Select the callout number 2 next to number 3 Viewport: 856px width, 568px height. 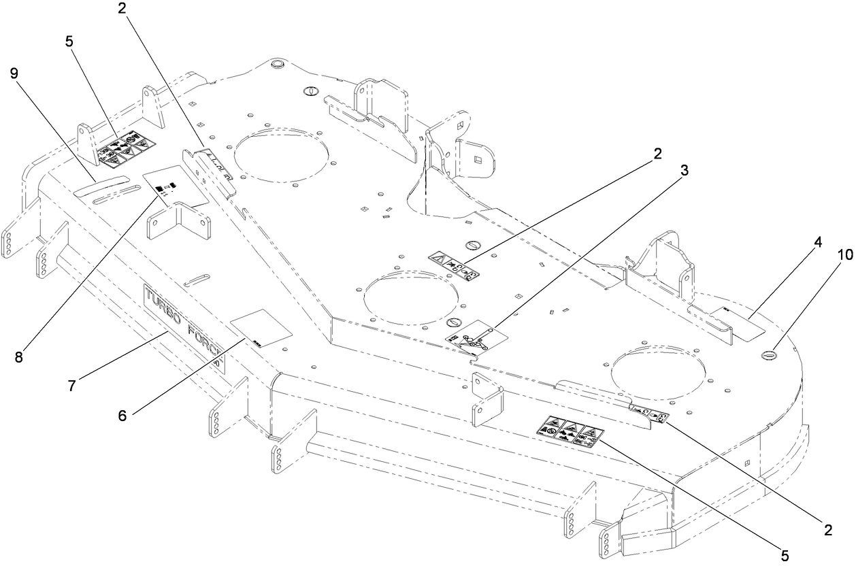(x=657, y=154)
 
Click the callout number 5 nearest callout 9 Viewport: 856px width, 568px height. (x=69, y=40)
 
